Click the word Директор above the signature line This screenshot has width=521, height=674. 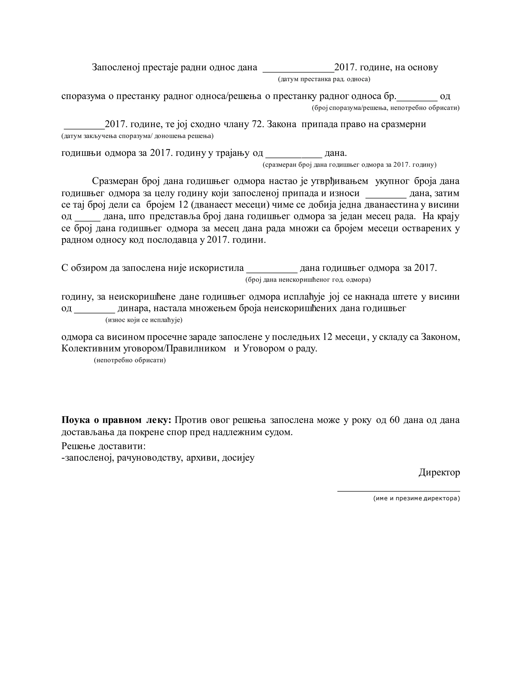point(439,472)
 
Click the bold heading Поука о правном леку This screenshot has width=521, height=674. point(116,420)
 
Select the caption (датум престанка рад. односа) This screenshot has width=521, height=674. point(324,79)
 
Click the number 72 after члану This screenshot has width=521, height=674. point(257,124)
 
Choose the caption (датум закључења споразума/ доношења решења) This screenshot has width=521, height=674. point(137,136)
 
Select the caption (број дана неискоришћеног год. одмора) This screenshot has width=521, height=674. point(308,280)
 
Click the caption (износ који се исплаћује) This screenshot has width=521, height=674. point(144,320)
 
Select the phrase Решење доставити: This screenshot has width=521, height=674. point(103,446)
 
